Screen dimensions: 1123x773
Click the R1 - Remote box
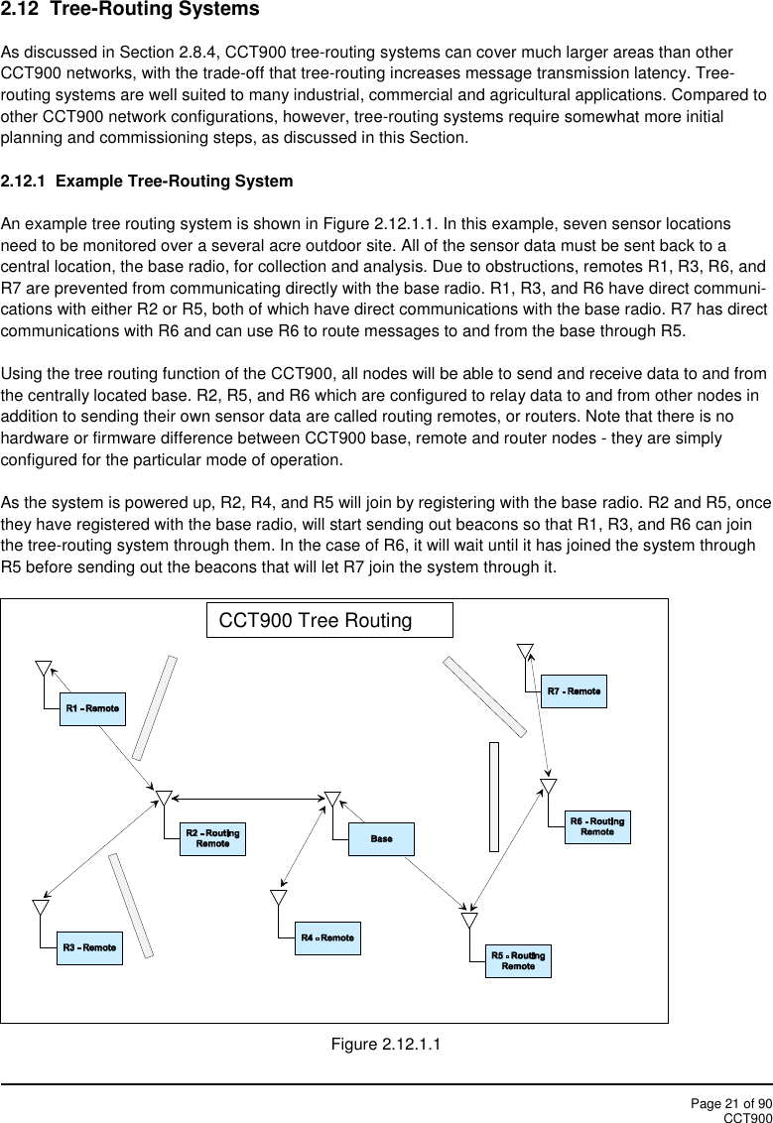92,708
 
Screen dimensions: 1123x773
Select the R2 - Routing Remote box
212,838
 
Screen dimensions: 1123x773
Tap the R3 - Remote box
89,948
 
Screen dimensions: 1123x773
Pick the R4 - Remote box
327,937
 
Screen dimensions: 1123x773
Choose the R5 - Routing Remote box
518,960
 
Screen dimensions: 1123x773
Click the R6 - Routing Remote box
596,826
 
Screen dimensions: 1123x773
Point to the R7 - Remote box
574,690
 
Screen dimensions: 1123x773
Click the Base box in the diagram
381,839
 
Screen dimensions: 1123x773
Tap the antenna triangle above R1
44,666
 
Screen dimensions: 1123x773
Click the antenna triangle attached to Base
332,799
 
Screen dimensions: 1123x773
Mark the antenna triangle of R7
525,650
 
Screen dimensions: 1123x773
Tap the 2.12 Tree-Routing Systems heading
130,10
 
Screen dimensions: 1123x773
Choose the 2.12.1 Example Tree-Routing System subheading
147,182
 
